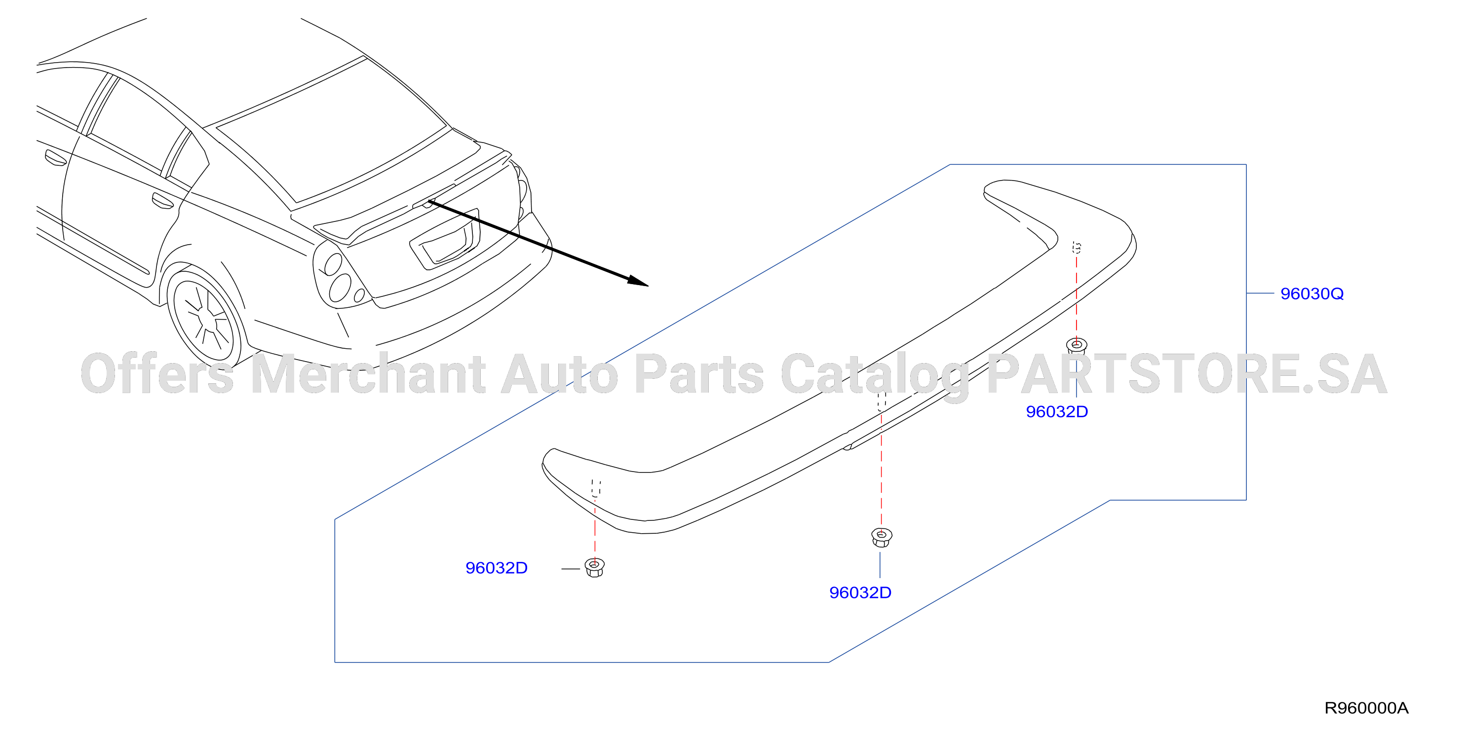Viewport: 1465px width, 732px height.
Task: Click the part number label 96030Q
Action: click(x=1311, y=294)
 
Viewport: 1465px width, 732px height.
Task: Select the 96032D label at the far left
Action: click(x=497, y=568)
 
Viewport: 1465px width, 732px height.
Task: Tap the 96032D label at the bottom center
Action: click(x=860, y=593)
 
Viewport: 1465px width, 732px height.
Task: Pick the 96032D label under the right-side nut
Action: click(x=1057, y=411)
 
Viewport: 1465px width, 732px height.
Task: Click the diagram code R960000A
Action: click(x=1367, y=708)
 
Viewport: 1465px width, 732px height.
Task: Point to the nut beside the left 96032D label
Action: click(x=594, y=567)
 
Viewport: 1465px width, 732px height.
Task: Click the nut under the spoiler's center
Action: click(x=882, y=537)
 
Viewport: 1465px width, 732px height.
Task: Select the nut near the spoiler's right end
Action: click(x=1076, y=346)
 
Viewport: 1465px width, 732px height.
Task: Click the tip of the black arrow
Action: click(x=648, y=285)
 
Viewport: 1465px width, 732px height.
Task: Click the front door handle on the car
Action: click(x=56, y=158)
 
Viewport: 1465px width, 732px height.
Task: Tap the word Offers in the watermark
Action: click(x=157, y=373)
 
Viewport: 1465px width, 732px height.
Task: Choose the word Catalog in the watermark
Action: click(x=875, y=375)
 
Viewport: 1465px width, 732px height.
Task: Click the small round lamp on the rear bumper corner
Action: click(x=359, y=295)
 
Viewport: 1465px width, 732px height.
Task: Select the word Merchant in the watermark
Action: click(x=368, y=373)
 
